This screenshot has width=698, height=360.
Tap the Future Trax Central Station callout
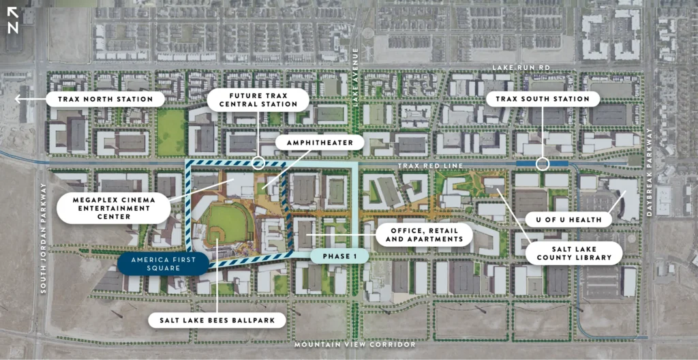coord(258,100)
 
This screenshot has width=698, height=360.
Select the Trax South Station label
coord(543,100)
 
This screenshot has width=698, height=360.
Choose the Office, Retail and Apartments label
coord(423,235)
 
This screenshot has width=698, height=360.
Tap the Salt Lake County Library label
coord(573,253)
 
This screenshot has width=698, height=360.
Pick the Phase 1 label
coord(339,257)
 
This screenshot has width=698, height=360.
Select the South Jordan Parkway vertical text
coord(44,239)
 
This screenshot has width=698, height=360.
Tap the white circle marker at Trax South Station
coord(542,164)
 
